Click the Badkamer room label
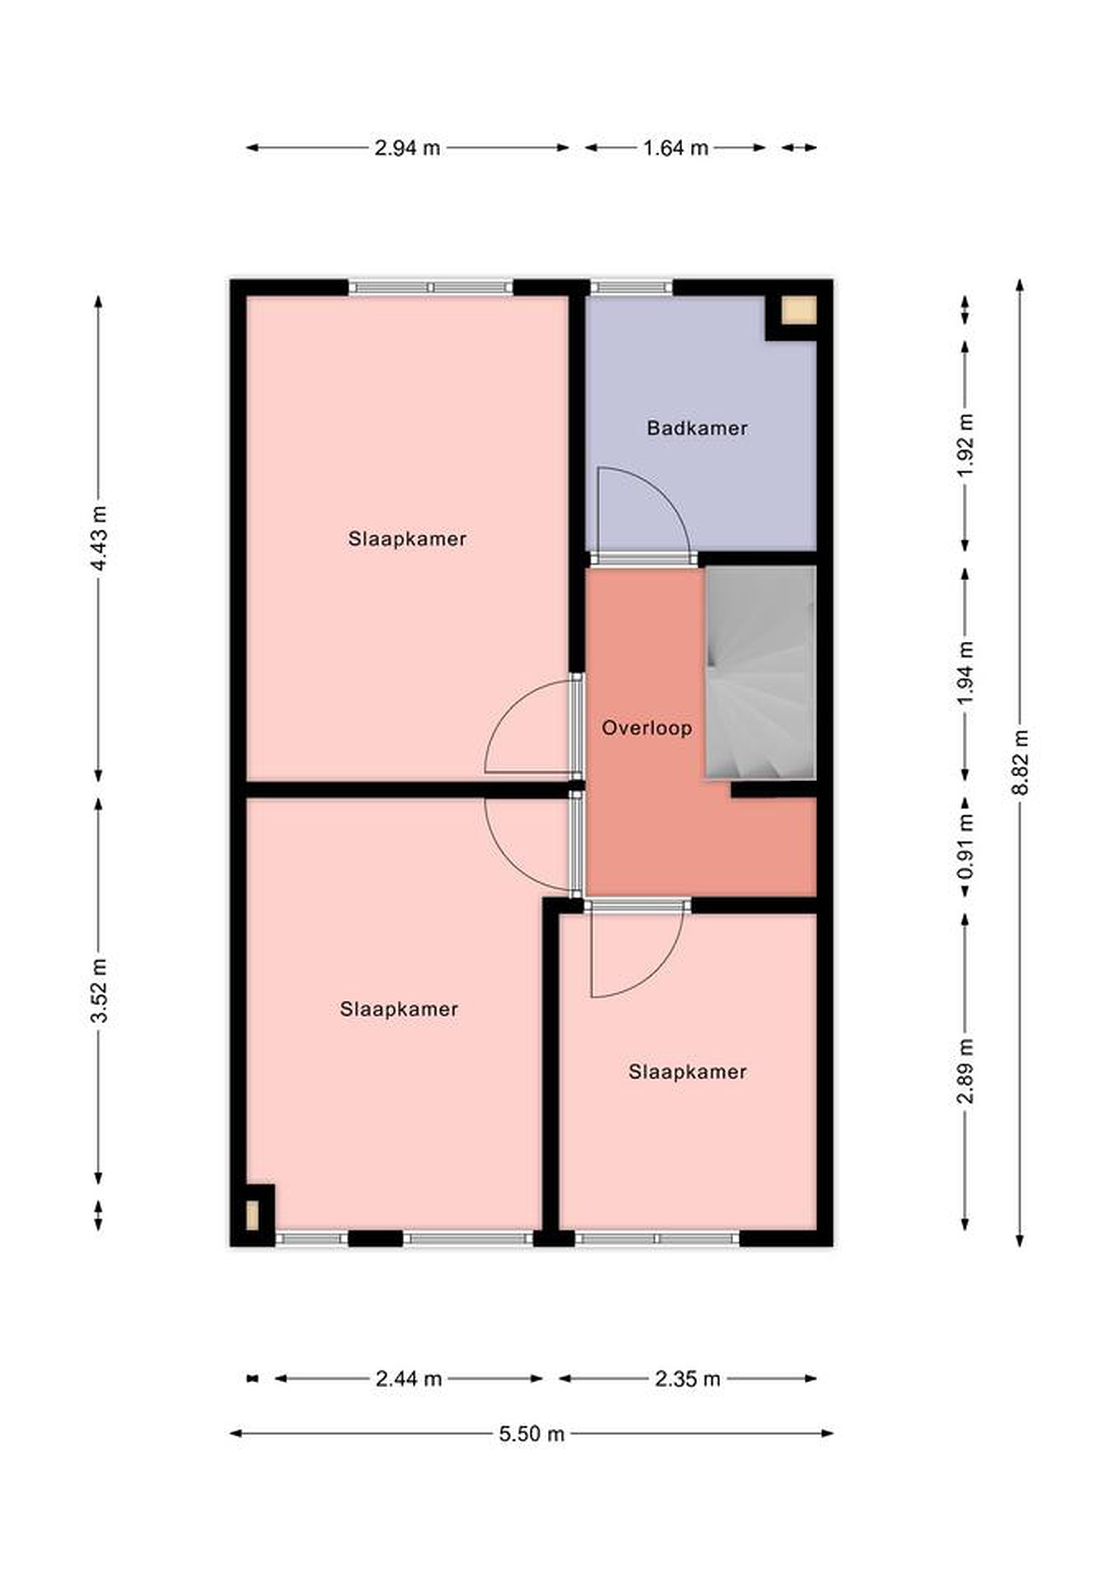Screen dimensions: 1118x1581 [x=696, y=428]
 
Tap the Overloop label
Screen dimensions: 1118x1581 [x=647, y=728]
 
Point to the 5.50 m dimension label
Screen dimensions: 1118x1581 [x=531, y=1434]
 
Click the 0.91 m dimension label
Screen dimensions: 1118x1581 [x=966, y=846]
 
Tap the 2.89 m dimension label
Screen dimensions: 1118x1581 [x=966, y=1072]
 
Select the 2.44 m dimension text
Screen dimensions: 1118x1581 [x=408, y=1378]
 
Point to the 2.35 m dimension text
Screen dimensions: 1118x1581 [x=687, y=1378]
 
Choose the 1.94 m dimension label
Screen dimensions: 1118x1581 [x=966, y=672]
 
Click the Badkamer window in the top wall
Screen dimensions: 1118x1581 [x=632, y=287]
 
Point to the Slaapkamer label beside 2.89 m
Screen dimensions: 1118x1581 [x=687, y=1072]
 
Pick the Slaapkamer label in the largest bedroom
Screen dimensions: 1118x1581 [x=407, y=539]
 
